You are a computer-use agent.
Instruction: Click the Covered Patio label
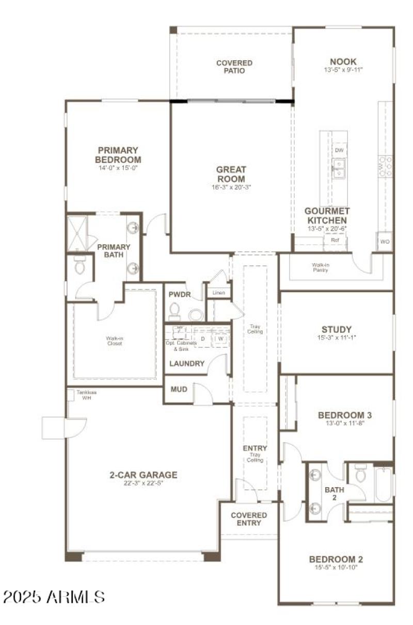234,67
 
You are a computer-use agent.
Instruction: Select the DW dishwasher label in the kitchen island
339,150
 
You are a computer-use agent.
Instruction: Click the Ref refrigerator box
335,240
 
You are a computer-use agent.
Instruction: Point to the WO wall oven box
385,242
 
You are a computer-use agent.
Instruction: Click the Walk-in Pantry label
321,267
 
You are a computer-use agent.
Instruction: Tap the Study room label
336,329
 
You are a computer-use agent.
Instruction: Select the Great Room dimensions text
231,187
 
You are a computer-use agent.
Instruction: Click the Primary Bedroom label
118,155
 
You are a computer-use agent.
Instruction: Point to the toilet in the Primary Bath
79,266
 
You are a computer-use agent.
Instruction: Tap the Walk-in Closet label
114,341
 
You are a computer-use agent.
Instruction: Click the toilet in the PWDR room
174,311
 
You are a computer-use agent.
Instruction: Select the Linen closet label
218,293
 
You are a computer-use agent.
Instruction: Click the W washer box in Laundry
220,339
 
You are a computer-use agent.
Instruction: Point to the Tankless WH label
87,393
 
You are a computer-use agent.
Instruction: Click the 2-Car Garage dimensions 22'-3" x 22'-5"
143,484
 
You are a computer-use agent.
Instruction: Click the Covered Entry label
249,519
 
